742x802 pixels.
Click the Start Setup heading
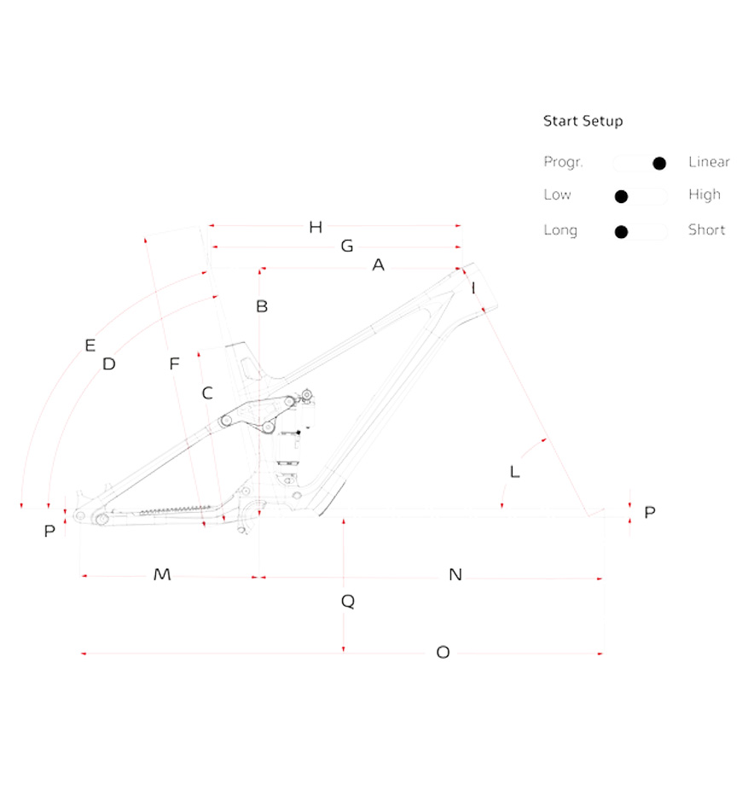(583, 121)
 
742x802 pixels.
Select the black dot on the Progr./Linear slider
(659, 163)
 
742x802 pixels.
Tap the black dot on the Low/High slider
(621, 196)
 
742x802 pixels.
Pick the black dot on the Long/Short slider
(621, 232)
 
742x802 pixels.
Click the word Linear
(709, 161)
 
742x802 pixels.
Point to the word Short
(707, 230)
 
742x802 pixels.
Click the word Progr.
(563, 162)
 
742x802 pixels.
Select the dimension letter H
(316, 227)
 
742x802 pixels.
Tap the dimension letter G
(347, 246)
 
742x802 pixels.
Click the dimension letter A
(378, 265)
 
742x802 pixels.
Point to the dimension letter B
(262, 306)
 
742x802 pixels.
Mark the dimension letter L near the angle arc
(514, 472)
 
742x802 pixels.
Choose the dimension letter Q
(348, 601)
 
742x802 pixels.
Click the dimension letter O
(443, 652)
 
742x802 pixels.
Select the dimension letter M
(162, 574)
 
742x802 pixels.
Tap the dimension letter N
(455, 574)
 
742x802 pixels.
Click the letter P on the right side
(649, 512)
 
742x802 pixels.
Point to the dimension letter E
(90, 346)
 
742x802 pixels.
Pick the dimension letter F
(174, 363)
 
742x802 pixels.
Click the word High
(704, 195)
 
